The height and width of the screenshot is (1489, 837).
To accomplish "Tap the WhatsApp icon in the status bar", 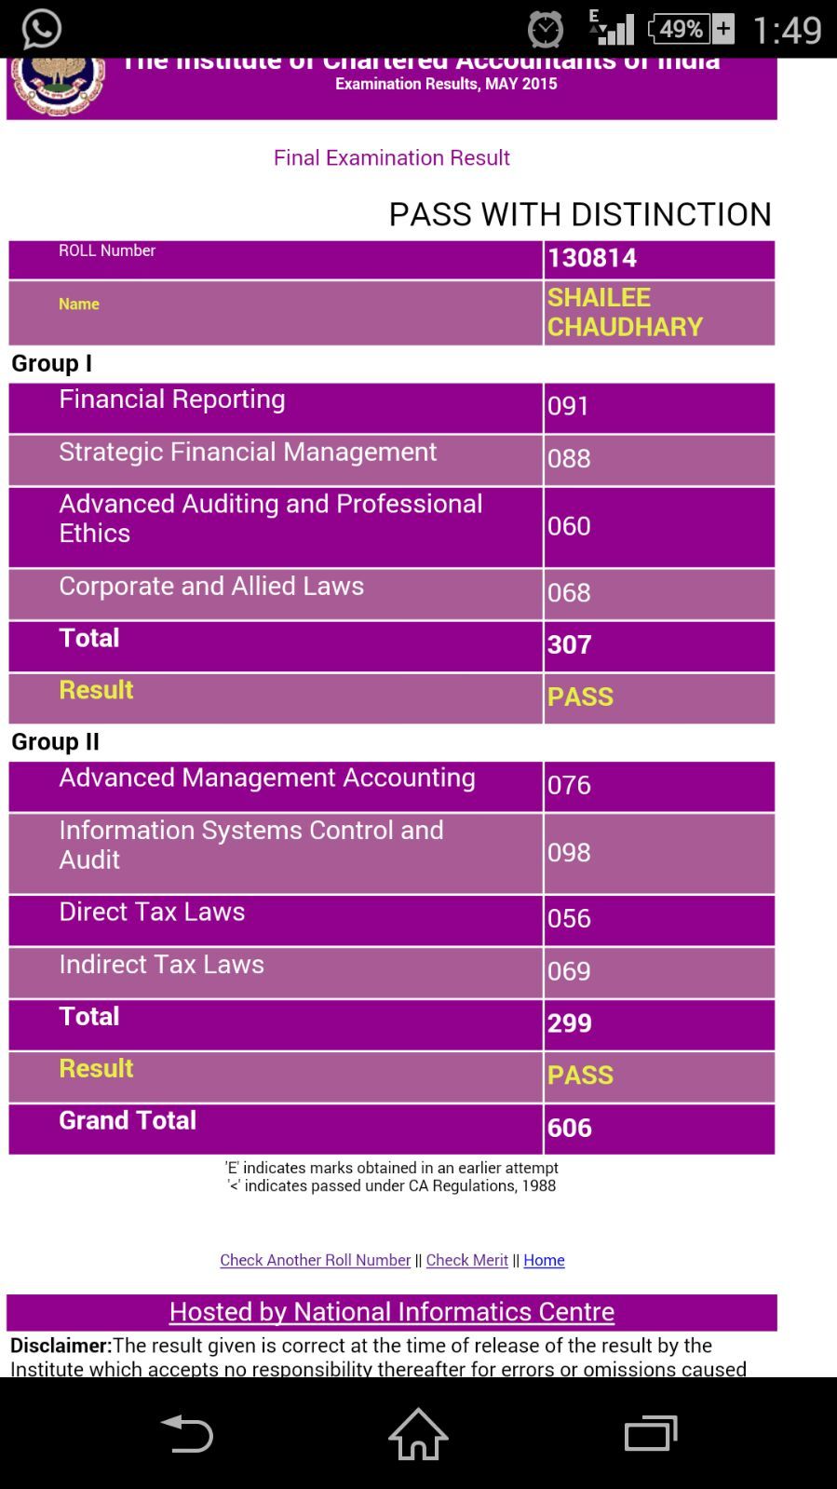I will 41,29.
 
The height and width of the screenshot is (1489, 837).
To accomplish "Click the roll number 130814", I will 591,258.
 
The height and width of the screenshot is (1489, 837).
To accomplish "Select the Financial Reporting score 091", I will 569,406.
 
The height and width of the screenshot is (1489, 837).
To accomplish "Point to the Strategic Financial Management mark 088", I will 569,458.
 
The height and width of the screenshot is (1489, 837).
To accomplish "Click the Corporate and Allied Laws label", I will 211,586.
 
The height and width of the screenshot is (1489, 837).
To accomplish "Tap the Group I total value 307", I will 570,644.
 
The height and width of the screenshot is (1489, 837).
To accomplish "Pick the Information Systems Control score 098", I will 569,852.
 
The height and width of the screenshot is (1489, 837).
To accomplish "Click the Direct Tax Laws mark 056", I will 569,918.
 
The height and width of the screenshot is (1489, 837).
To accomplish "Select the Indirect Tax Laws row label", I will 161,964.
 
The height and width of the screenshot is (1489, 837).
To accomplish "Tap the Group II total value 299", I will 570,1022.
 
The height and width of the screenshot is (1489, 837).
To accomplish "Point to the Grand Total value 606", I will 570,1128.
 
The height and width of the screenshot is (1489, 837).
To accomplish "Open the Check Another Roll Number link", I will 315,1260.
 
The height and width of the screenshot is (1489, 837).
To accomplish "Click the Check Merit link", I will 466,1260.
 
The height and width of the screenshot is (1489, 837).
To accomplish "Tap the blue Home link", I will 544,1260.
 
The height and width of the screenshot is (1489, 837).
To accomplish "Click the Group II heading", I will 55,741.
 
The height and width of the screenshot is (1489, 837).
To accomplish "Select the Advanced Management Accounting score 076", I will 569,785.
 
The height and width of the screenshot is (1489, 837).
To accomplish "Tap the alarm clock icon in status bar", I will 546,30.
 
